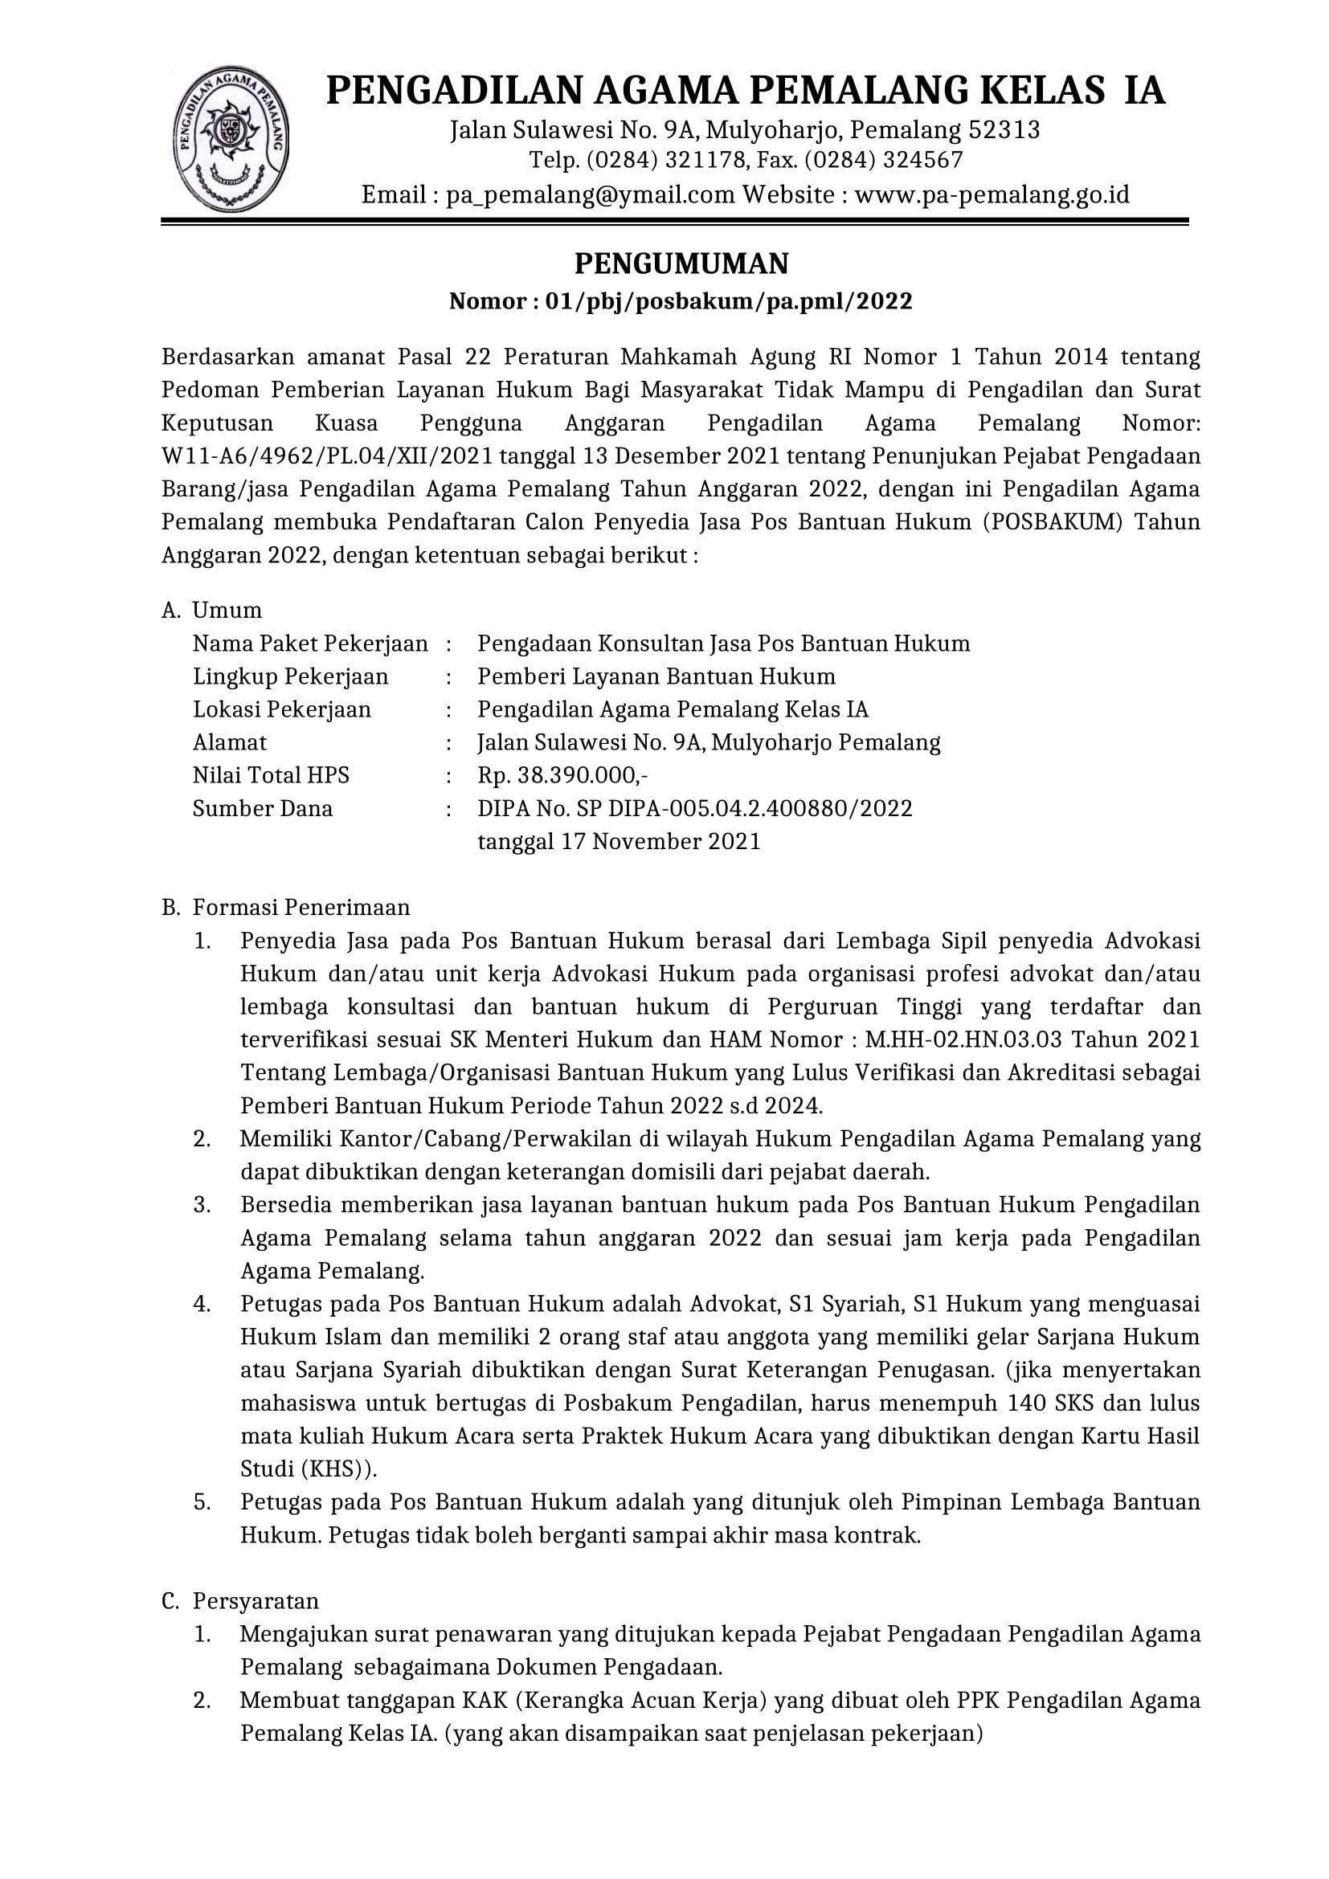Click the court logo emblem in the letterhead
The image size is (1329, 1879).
[231, 140]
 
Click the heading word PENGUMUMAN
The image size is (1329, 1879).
[681, 263]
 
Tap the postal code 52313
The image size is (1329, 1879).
[1004, 130]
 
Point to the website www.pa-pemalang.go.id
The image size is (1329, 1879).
[992, 194]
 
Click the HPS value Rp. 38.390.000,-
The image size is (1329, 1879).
[563, 775]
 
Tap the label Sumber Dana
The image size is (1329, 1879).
[263, 809]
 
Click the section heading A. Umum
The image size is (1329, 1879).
[212, 611]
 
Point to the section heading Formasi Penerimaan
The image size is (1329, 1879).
[301, 908]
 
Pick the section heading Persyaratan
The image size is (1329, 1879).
[256, 1601]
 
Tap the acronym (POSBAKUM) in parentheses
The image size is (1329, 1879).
[1052, 522]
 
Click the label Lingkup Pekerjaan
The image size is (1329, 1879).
[291, 676]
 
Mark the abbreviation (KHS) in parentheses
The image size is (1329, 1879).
[337, 1469]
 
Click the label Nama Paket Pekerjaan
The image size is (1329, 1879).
[310, 643]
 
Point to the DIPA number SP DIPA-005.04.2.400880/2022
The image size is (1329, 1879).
[746, 809]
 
